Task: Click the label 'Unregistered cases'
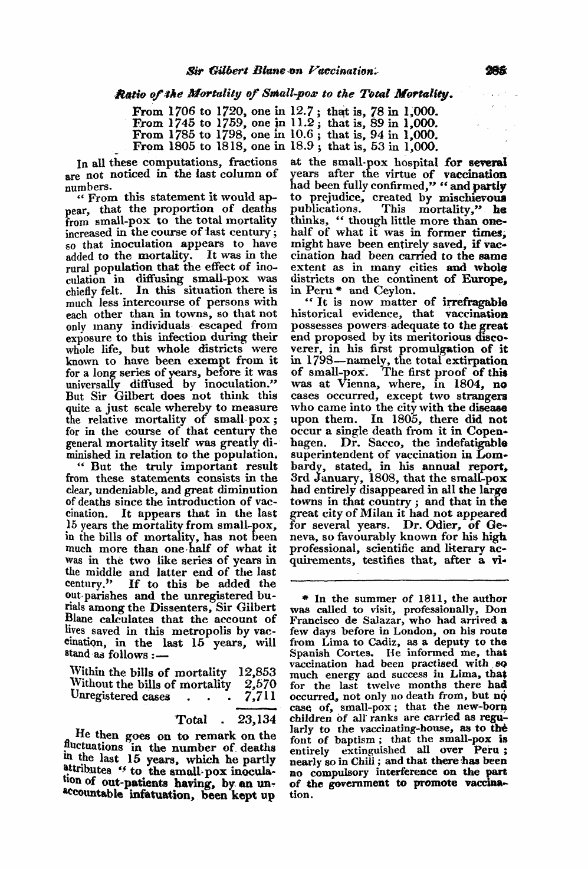120,696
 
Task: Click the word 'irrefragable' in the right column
476,302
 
